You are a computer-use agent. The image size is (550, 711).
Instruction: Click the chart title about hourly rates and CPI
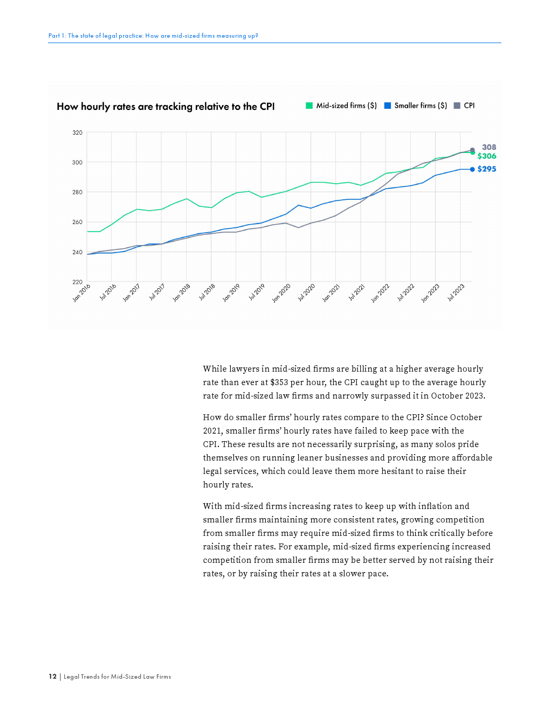point(166,107)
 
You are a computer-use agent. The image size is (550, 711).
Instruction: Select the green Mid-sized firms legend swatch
point(309,106)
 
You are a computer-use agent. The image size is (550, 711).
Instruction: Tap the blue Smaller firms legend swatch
point(387,106)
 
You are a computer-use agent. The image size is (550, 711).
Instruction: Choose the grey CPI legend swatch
point(457,106)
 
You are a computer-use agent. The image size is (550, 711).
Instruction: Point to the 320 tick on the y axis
point(78,133)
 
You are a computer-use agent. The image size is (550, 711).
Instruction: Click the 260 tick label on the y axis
point(78,222)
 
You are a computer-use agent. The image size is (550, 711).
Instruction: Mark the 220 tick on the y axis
point(78,282)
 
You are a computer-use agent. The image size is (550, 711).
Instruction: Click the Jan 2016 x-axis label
point(82,292)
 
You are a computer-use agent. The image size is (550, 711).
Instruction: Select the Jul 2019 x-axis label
point(257,292)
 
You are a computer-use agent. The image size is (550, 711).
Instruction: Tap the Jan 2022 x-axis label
point(380,293)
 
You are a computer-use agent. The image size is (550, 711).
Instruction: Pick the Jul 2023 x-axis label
point(456,292)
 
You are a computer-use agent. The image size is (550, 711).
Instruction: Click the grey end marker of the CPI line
point(472,150)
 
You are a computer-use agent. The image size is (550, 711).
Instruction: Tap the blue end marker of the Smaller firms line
point(472,169)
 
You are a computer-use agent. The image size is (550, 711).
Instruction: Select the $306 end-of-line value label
point(487,156)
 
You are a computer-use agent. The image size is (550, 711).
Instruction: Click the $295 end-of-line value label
point(487,169)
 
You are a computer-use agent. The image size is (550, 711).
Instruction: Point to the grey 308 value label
point(489,147)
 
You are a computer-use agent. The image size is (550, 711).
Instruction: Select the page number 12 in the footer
point(52,677)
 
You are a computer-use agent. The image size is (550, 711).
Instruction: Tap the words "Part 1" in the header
point(54,36)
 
